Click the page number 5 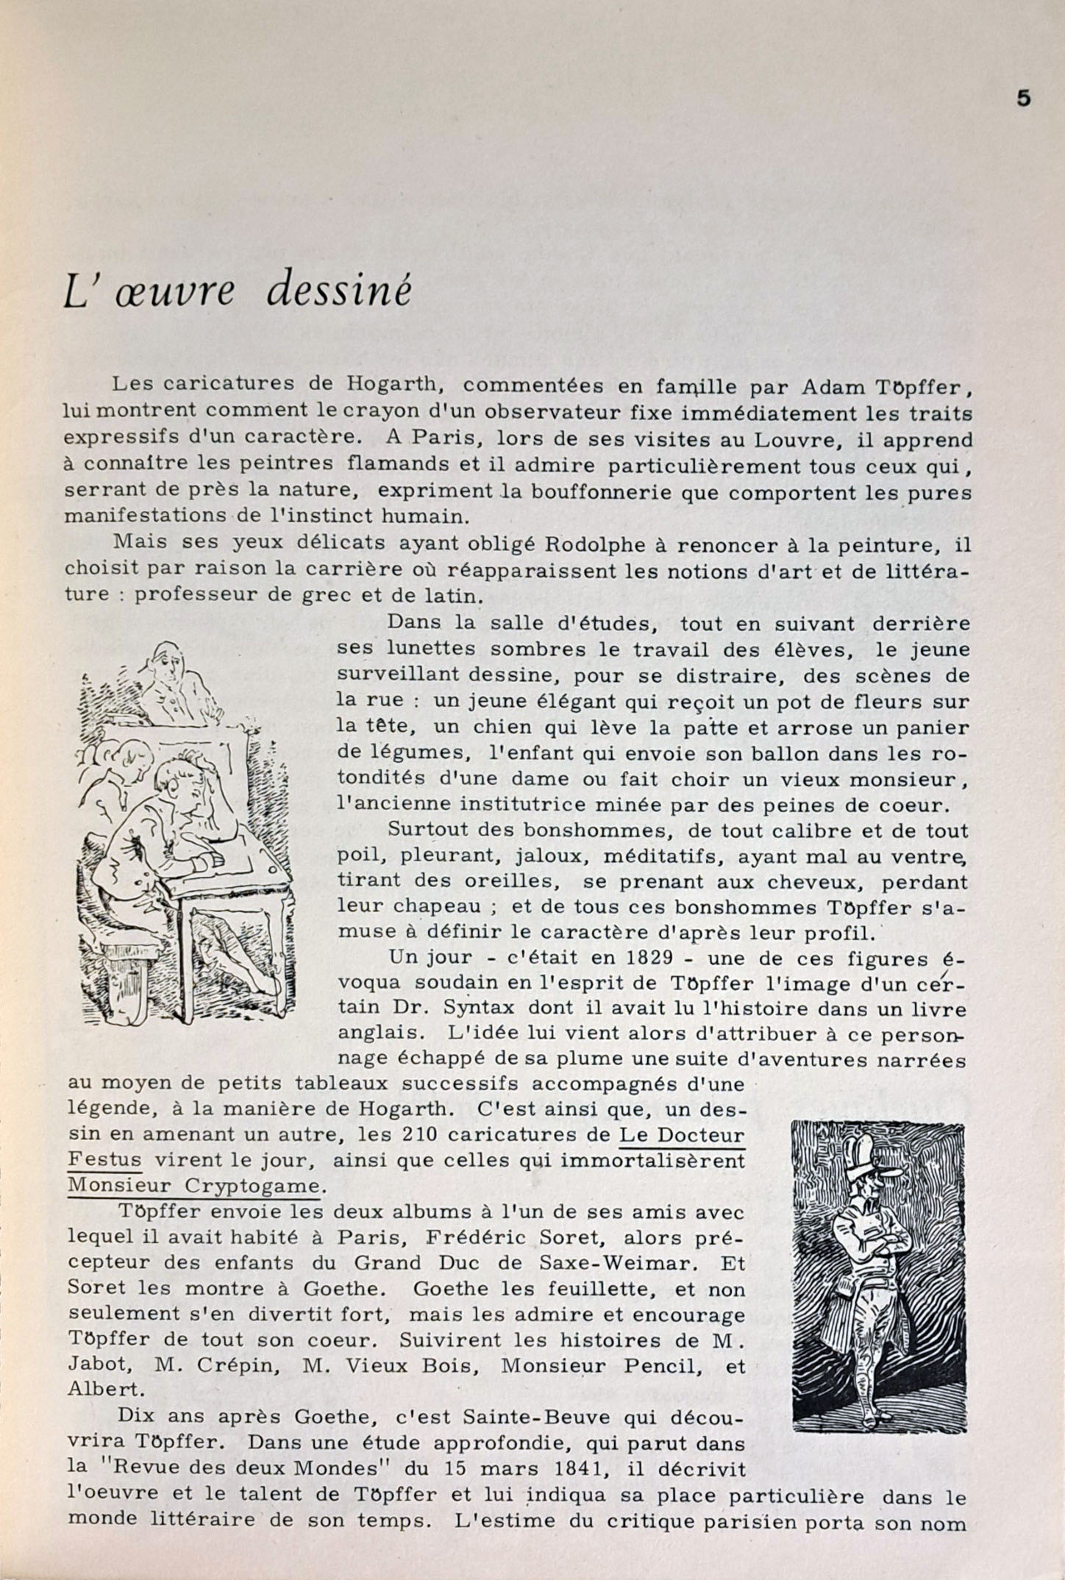(1023, 99)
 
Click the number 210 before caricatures (421, 1134)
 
